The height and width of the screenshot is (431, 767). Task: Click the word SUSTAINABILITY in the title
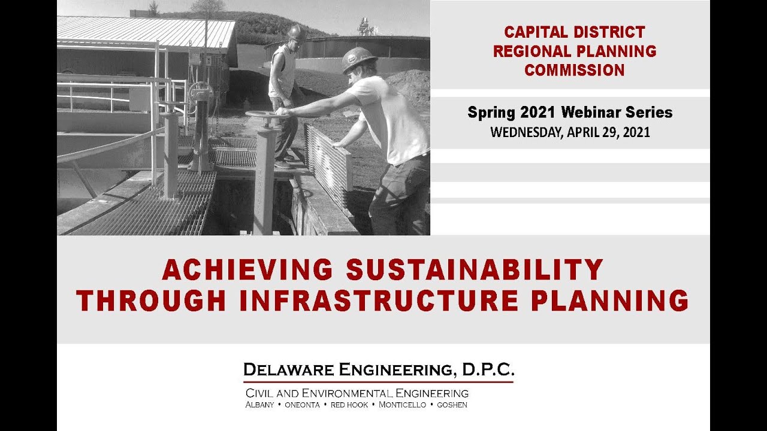(x=474, y=270)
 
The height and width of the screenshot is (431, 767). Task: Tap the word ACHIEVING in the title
(x=247, y=270)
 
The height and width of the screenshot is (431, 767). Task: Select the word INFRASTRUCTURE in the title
(x=379, y=301)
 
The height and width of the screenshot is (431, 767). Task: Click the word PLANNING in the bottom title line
(x=609, y=301)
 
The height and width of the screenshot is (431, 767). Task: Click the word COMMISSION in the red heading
(x=574, y=70)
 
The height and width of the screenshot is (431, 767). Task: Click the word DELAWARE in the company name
(x=289, y=370)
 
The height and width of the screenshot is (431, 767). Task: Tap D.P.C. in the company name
(x=488, y=370)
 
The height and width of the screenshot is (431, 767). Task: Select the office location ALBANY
(x=259, y=405)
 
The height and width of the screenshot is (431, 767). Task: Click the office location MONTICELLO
(x=402, y=405)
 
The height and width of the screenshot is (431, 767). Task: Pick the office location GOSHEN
(x=452, y=405)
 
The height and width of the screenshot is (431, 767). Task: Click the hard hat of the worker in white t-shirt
(x=358, y=59)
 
